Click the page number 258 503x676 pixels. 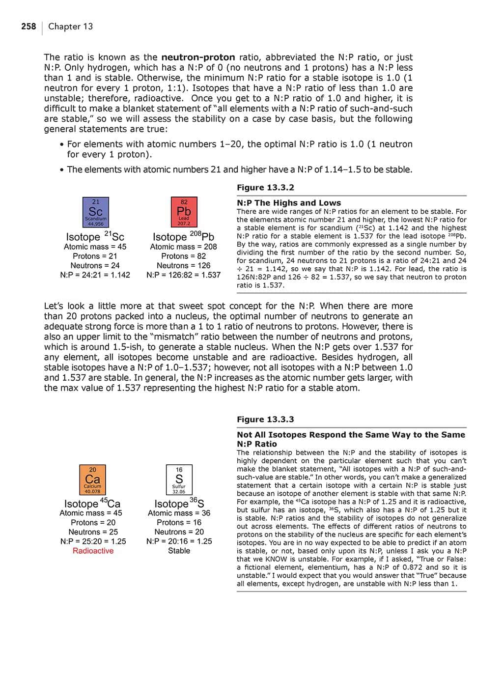[x=28, y=27]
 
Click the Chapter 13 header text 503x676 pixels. [x=70, y=27]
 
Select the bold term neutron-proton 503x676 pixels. [x=198, y=57]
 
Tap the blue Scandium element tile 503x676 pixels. [x=95, y=212]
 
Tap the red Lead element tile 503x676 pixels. [x=184, y=212]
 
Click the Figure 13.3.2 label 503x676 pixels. [x=265, y=188]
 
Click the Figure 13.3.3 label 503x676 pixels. [x=265, y=420]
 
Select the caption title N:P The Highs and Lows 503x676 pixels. [x=289, y=203]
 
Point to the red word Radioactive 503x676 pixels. [x=93, y=551]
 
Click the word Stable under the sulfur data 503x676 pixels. [x=179, y=551]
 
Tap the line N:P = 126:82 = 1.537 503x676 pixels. [x=183, y=275]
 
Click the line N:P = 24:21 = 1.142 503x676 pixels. [x=95, y=275]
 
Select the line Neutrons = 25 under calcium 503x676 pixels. [x=93, y=532]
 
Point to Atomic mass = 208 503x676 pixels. [x=183, y=247]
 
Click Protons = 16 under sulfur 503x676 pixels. [x=179, y=523]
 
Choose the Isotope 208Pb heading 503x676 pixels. [x=183, y=236]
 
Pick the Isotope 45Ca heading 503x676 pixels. [x=92, y=503]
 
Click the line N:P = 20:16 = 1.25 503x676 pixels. [x=179, y=541]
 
